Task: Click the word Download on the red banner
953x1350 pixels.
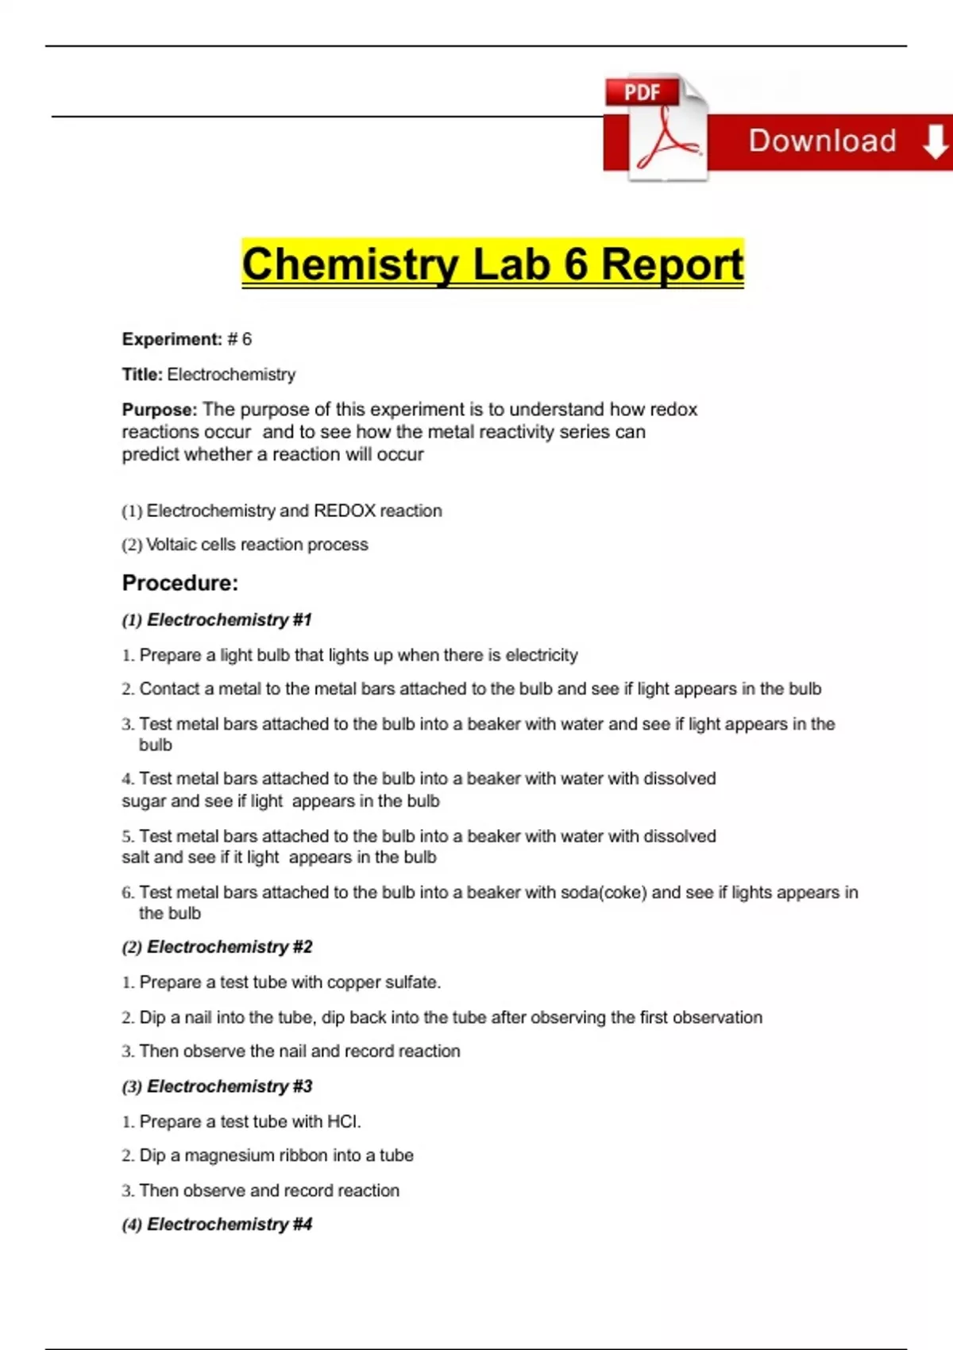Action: point(822,141)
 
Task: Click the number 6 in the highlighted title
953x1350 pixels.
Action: point(576,264)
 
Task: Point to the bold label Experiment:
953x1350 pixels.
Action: point(172,339)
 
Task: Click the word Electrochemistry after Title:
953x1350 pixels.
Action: point(231,374)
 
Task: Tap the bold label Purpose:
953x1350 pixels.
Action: point(159,410)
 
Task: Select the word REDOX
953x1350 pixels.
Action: point(345,511)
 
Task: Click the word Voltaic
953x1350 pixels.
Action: point(171,545)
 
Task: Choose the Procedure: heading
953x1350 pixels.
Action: point(180,583)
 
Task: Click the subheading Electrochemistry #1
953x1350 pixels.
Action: point(230,619)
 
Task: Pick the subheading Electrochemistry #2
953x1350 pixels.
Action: point(230,947)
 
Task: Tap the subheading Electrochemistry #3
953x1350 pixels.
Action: point(230,1086)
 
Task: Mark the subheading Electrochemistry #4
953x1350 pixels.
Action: point(230,1224)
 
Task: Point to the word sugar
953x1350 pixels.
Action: point(144,801)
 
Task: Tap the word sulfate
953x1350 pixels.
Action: point(412,982)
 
